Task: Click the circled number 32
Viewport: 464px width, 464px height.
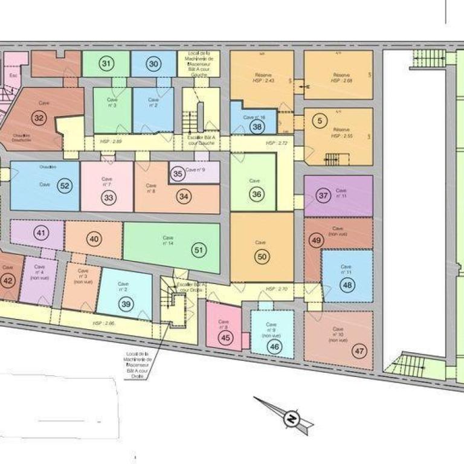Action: click(x=39, y=118)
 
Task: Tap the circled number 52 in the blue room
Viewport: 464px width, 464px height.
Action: click(x=65, y=186)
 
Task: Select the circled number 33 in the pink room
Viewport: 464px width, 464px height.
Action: click(x=109, y=197)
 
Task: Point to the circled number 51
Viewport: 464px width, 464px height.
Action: click(x=198, y=248)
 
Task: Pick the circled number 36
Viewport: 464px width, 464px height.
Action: click(x=257, y=195)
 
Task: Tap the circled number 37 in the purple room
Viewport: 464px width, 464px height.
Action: click(x=323, y=195)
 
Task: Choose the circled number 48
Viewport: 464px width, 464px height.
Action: click(x=347, y=286)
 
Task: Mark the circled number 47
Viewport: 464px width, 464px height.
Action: click(x=359, y=350)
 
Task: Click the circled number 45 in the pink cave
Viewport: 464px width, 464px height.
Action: click(x=226, y=338)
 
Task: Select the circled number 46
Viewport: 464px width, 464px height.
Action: click(x=274, y=347)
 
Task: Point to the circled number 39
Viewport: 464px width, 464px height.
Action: click(x=126, y=304)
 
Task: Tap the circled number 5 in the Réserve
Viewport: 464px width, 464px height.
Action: click(x=319, y=121)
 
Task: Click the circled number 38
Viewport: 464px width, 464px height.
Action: click(x=257, y=127)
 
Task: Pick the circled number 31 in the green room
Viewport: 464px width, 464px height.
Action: click(x=106, y=64)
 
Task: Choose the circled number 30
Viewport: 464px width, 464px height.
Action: click(x=153, y=64)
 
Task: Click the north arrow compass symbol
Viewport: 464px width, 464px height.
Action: click(x=291, y=418)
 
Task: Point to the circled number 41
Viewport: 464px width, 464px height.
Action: click(x=41, y=233)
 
